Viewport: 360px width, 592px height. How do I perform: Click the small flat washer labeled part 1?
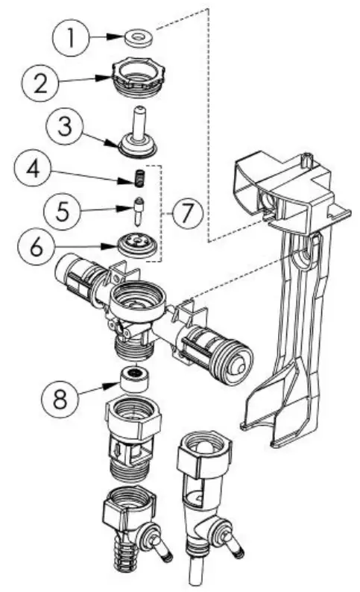[136, 35]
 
